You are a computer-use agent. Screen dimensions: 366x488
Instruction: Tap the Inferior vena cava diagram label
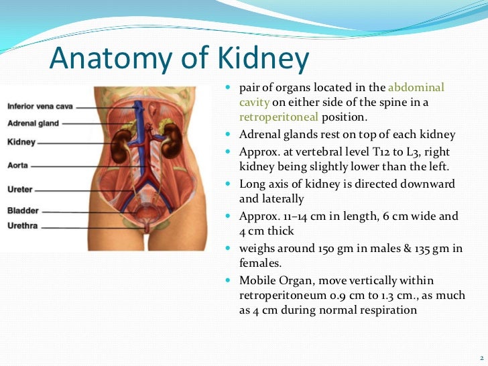(40, 106)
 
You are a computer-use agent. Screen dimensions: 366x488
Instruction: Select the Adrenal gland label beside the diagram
(33, 123)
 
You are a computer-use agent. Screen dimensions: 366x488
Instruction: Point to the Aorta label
(17, 164)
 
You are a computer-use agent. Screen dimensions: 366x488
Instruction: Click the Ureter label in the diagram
(19, 190)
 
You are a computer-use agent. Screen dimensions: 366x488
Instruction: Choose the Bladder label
(22, 210)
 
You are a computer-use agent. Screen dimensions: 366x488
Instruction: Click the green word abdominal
(416, 88)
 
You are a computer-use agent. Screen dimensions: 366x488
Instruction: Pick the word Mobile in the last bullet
(257, 280)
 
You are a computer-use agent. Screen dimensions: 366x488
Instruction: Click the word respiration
(388, 310)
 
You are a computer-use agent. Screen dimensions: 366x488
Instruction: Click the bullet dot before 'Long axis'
(229, 184)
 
